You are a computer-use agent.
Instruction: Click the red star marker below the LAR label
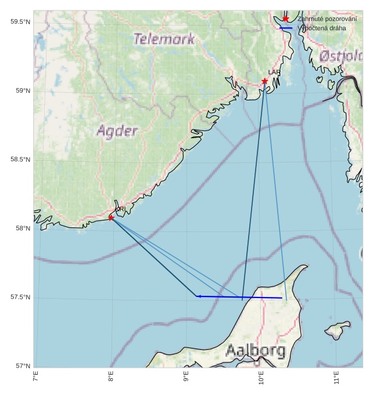coord(264,81)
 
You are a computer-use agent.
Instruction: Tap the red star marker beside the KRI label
coord(111,218)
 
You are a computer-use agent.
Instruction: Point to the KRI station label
coord(120,209)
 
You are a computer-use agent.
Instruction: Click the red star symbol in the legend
coord(286,19)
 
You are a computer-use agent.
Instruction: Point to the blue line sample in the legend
coord(286,28)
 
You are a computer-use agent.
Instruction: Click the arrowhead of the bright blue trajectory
coord(198,296)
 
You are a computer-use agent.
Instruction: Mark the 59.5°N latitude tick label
coord(20,22)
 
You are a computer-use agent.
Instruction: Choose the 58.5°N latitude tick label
coord(20,160)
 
